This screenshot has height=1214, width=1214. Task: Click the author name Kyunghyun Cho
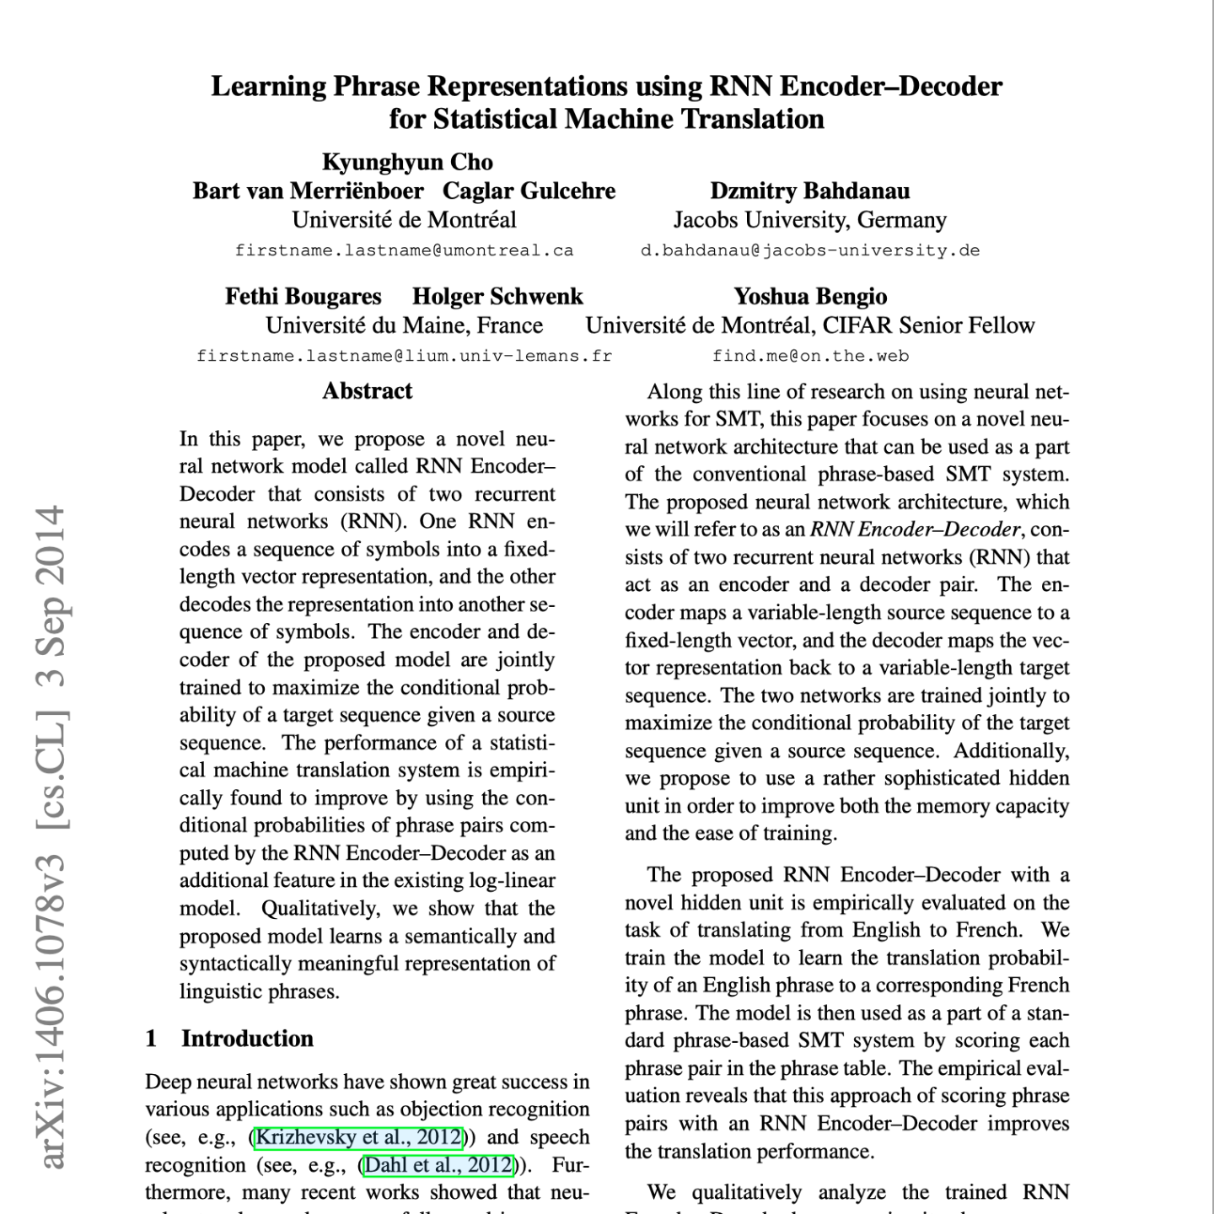click(407, 162)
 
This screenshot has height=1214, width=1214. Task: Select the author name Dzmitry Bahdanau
click(809, 191)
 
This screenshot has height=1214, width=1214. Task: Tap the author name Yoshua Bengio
click(809, 296)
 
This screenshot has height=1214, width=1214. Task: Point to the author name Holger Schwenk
click(497, 296)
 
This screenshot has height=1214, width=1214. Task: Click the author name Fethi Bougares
click(303, 296)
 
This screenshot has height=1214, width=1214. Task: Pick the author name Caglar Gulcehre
click(529, 191)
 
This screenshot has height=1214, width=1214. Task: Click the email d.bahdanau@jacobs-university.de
click(809, 250)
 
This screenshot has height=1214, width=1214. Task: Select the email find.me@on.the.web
click(809, 356)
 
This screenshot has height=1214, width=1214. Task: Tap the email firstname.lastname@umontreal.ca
click(404, 250)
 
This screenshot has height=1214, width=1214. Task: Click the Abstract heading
click(367, 390)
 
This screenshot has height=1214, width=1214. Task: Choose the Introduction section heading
click(247, 1038)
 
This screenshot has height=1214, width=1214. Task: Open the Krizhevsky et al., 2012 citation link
click(358, 1137)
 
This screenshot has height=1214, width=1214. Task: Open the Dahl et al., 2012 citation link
click(438, 1165)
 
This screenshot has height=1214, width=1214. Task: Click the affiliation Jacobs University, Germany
click(809, 220)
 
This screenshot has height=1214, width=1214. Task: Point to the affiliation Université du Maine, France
click(404, 325)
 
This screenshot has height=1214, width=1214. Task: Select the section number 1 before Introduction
click(151, 1038)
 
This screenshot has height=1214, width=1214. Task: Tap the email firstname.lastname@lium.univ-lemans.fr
click(404, 356)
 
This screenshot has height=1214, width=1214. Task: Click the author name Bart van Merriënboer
click(308, 191)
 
